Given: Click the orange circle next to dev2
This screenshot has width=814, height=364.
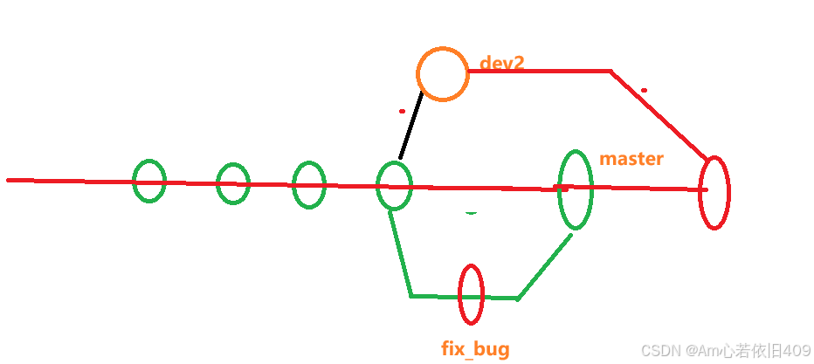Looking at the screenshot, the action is coord(443,73).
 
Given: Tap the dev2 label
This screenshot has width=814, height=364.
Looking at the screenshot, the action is coord(502,64).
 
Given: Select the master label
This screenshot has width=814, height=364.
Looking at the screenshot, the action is coord(631,160).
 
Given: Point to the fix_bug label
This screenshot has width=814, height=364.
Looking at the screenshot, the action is coord(475,349).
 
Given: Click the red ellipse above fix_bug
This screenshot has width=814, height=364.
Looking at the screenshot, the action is coord(471,294).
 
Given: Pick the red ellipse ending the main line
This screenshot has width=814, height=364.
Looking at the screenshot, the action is coord(714,192).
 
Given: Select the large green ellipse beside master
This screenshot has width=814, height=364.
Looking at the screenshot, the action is coord(575,189).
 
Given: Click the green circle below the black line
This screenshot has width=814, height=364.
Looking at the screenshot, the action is coord(394,185).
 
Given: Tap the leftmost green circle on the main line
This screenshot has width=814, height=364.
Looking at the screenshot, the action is coord(149,181).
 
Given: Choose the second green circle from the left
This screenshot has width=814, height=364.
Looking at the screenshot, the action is coord(233,183).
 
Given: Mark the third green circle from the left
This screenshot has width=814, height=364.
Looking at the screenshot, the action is coord(309,184).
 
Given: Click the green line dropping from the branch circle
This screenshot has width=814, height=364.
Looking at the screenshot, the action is coord(400,253).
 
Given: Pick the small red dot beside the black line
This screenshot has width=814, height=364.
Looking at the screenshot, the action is coord(401,111).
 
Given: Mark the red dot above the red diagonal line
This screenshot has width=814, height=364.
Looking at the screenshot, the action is coord(644,89).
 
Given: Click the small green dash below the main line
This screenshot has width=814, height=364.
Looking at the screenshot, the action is coord(471,212).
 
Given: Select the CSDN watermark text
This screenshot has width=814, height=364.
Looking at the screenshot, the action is coord(726,350).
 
